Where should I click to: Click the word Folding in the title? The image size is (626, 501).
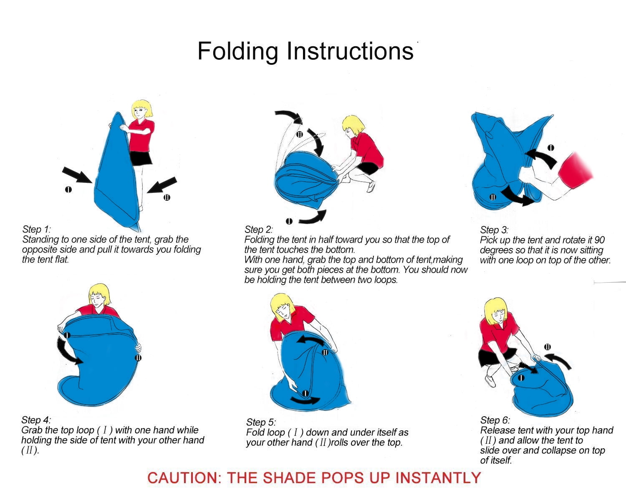pyautogui.click(x=237, y=51)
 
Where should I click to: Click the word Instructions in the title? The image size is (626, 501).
pyautogui.click(x=350, y=51)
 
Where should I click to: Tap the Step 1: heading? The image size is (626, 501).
pyautogui.click(x=37, y=229)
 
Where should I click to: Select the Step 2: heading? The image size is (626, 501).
pyautogui.click(x=259, y=229)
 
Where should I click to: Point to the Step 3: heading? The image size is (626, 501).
pyautogui.click(x=494, y=230)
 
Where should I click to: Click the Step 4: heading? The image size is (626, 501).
pyautogui.click(x=36, y=420)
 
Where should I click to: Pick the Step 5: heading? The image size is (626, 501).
pyautogui.click(x=261, y=422)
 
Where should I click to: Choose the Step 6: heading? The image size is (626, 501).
pyautogui.click(x=495, y=420)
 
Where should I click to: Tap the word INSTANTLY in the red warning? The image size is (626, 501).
pyautogui.click(x=438, y=478)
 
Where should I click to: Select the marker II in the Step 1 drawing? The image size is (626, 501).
pyautogui.click(x=167, y=197)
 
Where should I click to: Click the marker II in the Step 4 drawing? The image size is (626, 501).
pyautogui.click(x=139, y=357)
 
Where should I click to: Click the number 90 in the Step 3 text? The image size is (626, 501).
pyautogui.click(x=599, y=240)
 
